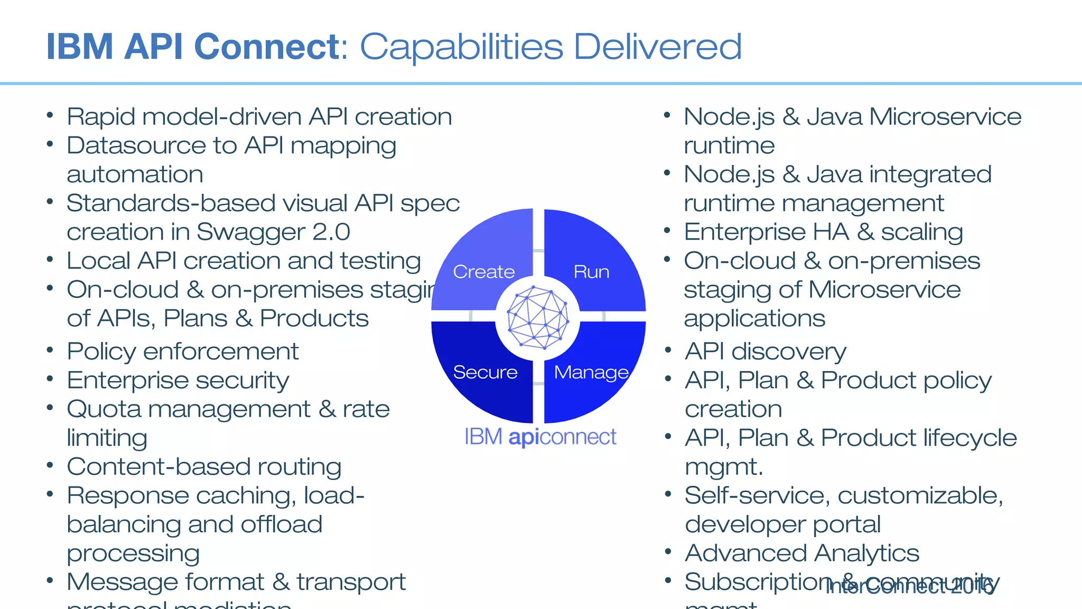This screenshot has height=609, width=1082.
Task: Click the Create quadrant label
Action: click(483, 272)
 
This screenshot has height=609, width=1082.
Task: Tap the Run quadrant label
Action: click(591, 272)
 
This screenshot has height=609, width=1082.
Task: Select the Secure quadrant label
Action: click(485, 372)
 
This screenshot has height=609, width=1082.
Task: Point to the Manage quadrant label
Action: click(591, 373)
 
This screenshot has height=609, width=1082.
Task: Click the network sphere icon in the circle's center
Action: click(537, 317)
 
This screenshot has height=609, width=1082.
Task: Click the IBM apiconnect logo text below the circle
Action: click(540, 437)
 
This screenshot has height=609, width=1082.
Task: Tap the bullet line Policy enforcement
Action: click(182, 352)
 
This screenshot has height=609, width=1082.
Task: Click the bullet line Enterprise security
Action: click(178, 381)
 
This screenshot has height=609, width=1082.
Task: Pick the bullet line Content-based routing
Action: click(204, 467)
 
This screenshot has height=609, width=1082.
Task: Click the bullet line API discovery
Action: click(765, 352)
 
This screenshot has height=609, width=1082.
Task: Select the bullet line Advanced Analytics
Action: click(801, 553)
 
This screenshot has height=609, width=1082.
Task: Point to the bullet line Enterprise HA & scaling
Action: click(823, 232)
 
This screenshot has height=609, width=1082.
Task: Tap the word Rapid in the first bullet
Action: click(100, 117)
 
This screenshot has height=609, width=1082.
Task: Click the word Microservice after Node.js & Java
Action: click(945, 117)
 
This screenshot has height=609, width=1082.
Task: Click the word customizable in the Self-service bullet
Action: click(920, 496)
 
